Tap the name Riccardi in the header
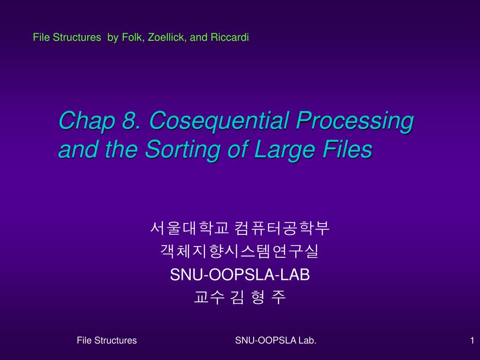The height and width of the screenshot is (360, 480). click(230, 37)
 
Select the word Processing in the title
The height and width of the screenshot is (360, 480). click(355, 121)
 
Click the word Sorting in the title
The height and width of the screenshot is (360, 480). click(183, 150)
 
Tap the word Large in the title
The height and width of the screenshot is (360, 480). click(285, 150)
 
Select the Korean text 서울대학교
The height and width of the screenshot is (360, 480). click(189, 228)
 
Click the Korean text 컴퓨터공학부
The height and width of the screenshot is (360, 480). click(282, 228)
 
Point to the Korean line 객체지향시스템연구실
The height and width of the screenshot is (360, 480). click(240, 251)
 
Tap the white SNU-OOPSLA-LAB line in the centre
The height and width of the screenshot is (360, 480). click(240, 274)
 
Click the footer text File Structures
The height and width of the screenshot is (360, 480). click(106, 340)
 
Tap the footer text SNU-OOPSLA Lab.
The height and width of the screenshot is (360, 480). click(276, 340)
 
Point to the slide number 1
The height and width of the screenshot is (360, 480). click(472, 340)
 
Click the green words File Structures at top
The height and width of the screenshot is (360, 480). click(67, 37)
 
